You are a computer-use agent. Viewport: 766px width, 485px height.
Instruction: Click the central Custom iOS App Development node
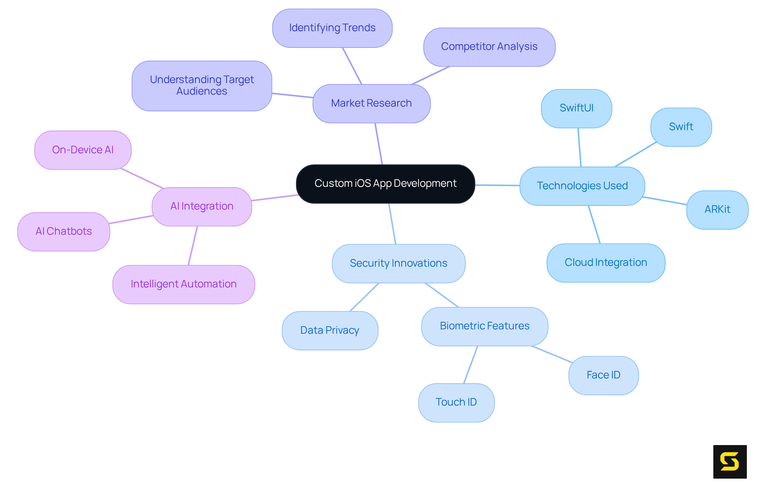tap(385, 184)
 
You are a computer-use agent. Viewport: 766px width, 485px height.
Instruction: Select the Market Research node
tap(371, 103)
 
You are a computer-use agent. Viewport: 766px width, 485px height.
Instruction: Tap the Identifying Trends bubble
tap(332, 28)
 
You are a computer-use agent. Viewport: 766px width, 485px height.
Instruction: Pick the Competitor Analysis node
tap(489, 47)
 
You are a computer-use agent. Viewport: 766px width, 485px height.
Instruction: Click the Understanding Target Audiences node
tap(202, 85)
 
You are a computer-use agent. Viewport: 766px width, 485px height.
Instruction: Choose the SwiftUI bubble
tap(576, 108)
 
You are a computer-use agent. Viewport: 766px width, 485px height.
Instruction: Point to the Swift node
tap(681, 127)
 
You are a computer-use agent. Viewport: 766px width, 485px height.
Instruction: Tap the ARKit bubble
tap(717, 210)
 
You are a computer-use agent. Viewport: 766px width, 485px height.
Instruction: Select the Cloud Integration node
tap(606, 263)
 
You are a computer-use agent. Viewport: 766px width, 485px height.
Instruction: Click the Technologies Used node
tap(582, 186)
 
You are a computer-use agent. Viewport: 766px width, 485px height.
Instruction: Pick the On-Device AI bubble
tap(83, 150)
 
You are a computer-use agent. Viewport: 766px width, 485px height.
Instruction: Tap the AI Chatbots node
tap(64, 232)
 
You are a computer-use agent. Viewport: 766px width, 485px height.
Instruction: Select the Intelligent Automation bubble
tap(184, 284)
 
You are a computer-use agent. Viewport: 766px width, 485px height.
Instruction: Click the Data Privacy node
tap(330, 331)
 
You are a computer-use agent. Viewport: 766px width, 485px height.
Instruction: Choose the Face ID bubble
tap(603, 375)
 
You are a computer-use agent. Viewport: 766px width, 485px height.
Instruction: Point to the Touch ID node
tap(456, 402)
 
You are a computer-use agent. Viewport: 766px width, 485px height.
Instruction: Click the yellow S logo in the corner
tap(730, 461)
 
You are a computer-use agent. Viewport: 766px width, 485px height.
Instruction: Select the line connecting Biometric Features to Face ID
tap(552, 354)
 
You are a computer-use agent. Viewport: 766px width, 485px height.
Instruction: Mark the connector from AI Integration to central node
tap(274, 198)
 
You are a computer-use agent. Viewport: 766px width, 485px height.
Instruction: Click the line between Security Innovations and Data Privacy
tap(364, 297)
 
